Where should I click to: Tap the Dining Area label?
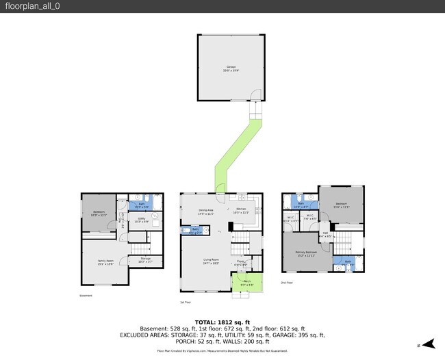(x=207, y=211)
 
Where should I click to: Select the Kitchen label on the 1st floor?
(x=241, y=211)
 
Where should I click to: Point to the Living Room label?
(x=210, y=261)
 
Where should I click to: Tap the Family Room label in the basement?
(x=105, y=262)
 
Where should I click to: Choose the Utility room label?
(x=142, y=220)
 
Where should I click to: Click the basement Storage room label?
(x=145, y=259)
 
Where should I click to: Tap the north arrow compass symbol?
(x=429, y=343)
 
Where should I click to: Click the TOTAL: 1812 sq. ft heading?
(x=222, y=322)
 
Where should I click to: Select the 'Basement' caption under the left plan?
(x=86, y=296)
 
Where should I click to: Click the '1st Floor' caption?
(x=185, y=302)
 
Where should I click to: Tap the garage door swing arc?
(x=254, y=94)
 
